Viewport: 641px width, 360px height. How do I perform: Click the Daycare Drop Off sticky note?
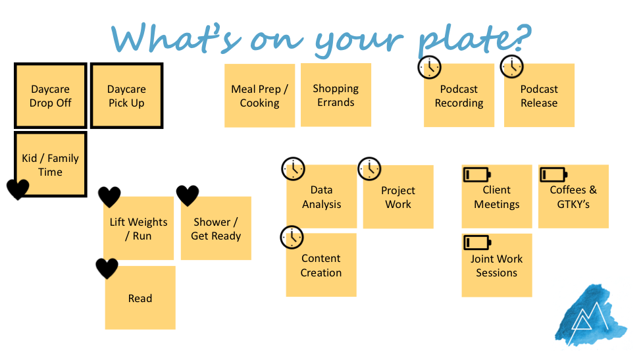[51, 95]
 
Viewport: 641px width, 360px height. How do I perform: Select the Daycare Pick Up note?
[126, 95]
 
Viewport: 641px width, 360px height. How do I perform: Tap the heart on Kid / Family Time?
[18, 189]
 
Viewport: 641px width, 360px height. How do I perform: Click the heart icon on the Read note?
[107, 268]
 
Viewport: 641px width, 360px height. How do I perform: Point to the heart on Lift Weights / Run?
[109, 197]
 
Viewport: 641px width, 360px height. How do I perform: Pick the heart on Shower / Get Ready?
[188, 195]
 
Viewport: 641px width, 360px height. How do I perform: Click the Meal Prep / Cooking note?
[259, 95]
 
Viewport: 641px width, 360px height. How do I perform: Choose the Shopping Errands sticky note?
[336, 95]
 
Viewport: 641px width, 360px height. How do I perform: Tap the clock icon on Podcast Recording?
[430, 67]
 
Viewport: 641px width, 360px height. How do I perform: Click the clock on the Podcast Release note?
[511, 66]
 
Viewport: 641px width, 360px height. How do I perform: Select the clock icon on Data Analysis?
[294, 168]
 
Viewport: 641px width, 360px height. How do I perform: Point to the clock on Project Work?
[370, 168]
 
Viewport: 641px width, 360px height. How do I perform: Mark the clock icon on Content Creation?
[292, 237]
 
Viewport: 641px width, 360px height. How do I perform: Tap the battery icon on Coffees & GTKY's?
[553, 174]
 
